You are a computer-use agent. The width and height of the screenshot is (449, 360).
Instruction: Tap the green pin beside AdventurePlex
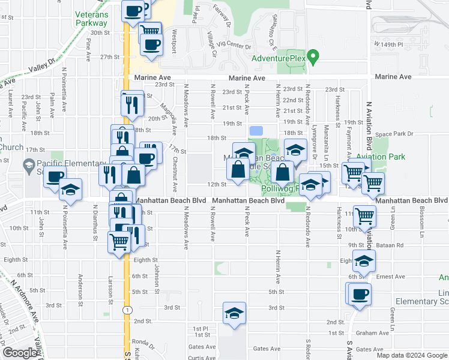point(312,58)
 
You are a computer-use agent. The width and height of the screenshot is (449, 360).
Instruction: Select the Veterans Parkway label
point(91,19)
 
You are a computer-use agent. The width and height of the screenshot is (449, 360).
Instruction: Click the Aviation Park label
point(380,157)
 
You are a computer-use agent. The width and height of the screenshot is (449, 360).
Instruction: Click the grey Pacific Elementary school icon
point(28,164)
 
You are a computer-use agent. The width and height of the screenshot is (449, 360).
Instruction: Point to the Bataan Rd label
point(391,245)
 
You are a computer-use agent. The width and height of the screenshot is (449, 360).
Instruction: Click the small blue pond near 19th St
point(256,130)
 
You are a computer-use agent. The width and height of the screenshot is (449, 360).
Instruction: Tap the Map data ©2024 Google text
point(412,355)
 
